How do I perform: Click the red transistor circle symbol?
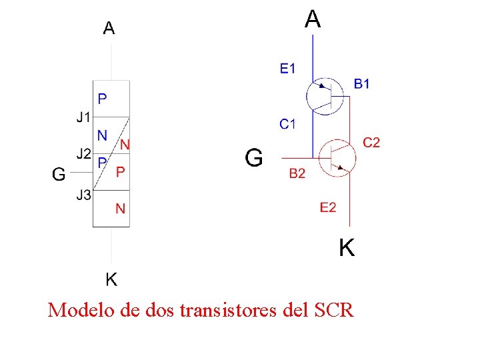tap(337, 158)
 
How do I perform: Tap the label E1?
tap(288, 68)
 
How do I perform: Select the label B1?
tap(362, 84)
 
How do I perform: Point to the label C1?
tap(288, 123)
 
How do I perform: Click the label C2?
tap(371, 142)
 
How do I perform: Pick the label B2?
tap(297, 174)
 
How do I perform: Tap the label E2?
tap(328, 208)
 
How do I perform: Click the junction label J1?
tap(83, 117)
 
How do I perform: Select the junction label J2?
tap(83, 154)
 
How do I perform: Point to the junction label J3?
tap(83, 195)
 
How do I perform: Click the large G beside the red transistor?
tap(254, 158)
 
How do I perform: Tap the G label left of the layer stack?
tap(59, 175)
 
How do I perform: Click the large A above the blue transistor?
tap(313, 19)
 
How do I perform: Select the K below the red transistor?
tap(347, 249)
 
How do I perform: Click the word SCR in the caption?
tap(331, 310)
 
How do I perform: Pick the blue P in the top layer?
tap(102, 99)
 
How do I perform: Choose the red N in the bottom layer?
tap(120, 209)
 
